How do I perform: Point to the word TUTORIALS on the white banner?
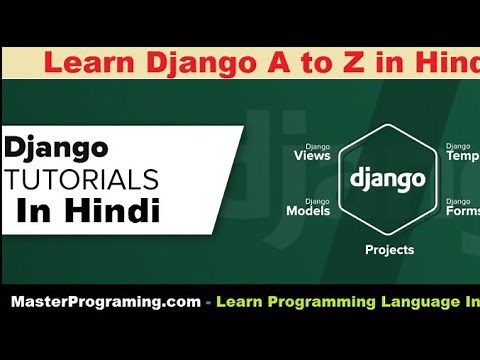(x=82, y=180)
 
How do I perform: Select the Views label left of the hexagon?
(x=312, y=156)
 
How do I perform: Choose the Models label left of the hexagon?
(x=308, y=211)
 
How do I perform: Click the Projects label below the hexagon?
(x=389, y=250)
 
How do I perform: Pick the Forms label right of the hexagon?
(x=462, y=211)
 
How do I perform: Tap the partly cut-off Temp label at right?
(x=462, y=157)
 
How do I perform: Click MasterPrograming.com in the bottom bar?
(x=105, y=301)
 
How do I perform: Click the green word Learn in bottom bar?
(x=243, y=301)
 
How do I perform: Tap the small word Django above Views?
(x=318, y=145)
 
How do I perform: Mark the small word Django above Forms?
(x=459, y=200)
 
